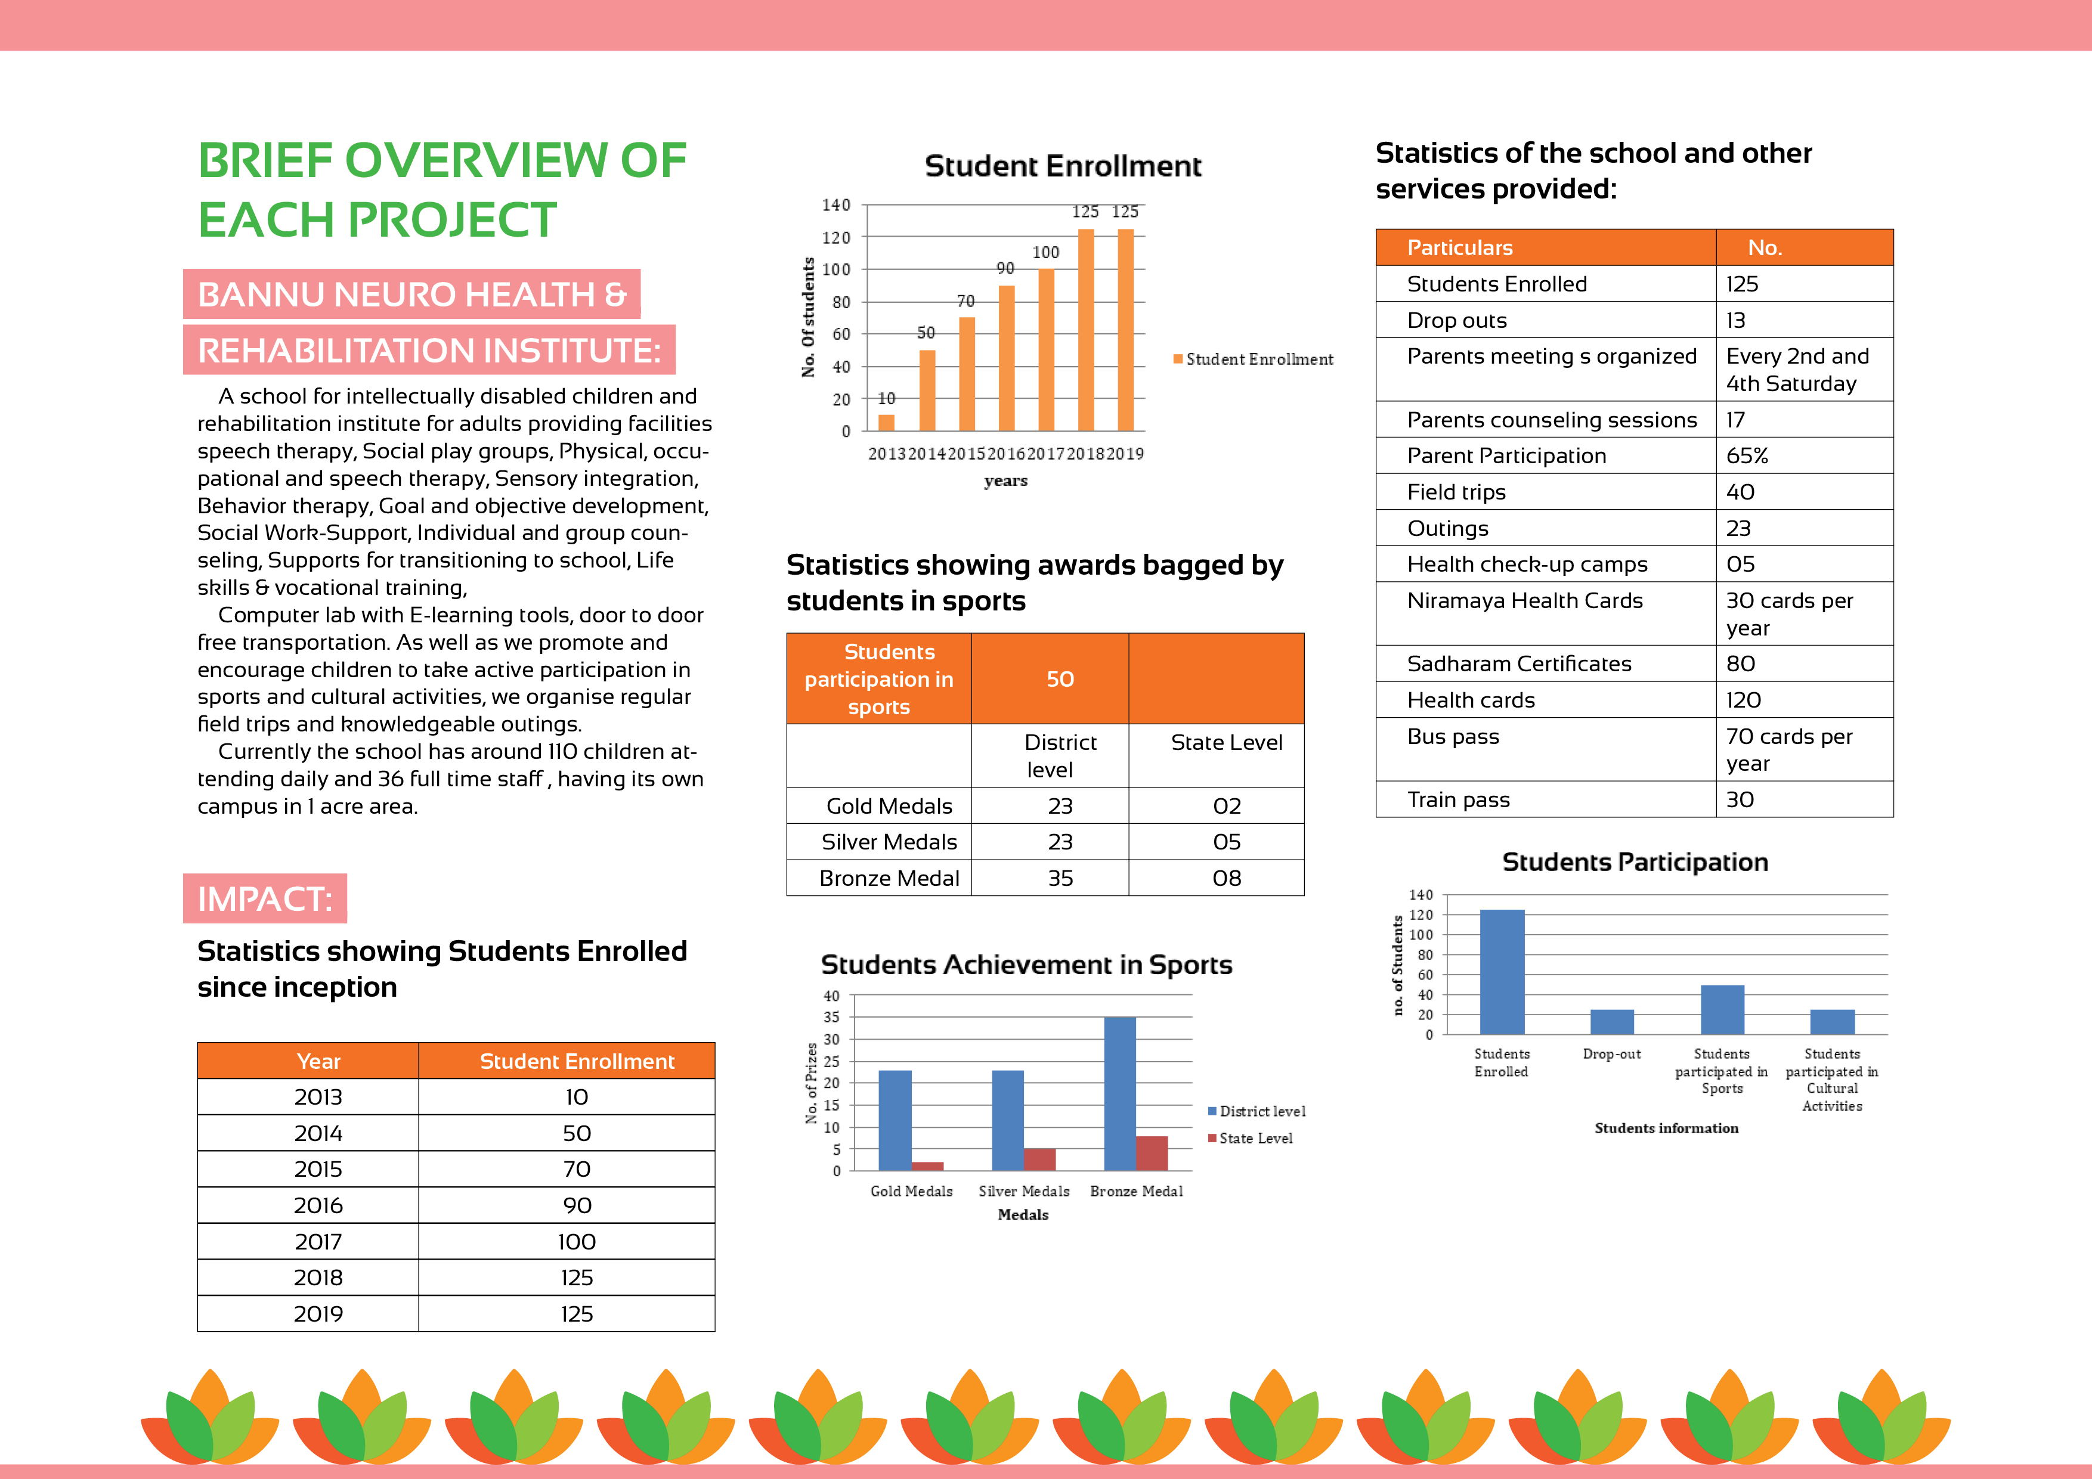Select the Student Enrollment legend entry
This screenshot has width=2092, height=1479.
(x=1253, y=359)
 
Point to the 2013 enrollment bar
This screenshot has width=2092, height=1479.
(x=886, y=423)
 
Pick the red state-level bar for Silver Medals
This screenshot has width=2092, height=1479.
(x=1039, y=1159)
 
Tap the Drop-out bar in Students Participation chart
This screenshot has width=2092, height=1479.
(x=1612, y=1022)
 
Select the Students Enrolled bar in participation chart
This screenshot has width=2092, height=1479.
(x=1502, y=972)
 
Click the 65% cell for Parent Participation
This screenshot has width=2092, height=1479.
(x=1747, y=456)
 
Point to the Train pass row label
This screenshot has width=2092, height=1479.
(x=1458, y=799)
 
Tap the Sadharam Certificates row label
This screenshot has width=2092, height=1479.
(x=1519, y=664)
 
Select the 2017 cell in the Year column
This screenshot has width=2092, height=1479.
(x=318, y=1241)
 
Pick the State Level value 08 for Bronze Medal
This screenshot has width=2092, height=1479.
(x=1227, y=879)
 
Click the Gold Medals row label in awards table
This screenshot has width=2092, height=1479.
(x=889, y=806)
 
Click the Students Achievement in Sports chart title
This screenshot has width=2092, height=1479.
(x=1026, y=965)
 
